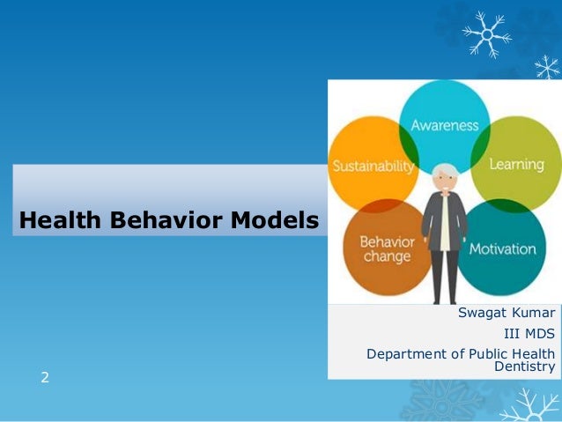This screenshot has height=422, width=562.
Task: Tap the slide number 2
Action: coord(45,378)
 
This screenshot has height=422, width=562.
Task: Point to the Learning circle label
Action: coord(517,165)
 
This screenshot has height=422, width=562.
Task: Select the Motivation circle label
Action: coord(502,248)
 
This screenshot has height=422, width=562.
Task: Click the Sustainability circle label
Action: coord(371,167)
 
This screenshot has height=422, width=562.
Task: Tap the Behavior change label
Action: coord(386,249)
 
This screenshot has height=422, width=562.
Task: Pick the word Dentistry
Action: coord(525,366)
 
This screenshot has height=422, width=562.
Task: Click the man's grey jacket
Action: coord(432,220)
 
